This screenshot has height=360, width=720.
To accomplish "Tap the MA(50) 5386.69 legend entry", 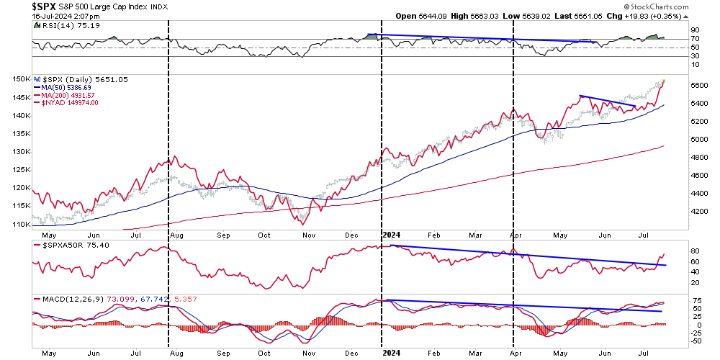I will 71,87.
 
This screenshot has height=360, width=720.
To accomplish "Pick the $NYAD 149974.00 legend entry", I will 71,103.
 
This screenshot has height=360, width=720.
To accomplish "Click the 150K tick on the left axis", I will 21,78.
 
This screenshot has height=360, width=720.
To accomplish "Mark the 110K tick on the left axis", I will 21,225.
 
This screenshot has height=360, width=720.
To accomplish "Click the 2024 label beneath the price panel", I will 392,234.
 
